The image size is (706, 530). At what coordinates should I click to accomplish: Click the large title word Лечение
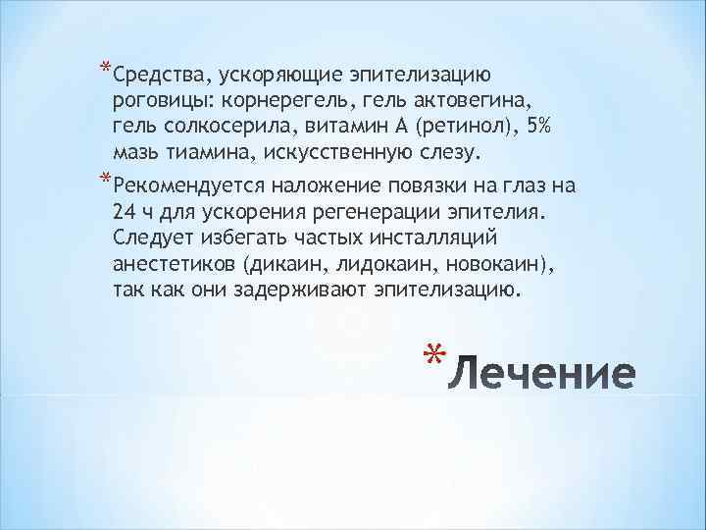point(547,375)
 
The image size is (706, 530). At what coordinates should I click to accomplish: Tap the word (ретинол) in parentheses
point(450,127)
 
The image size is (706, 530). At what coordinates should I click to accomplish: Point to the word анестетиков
point(176,265)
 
